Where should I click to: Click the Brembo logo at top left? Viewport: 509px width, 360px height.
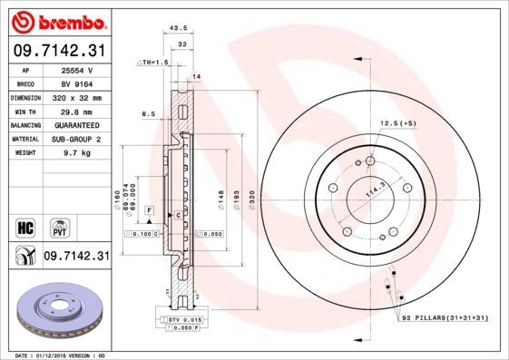tap(57, 21)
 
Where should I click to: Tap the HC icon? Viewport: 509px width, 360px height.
tap(24, 225)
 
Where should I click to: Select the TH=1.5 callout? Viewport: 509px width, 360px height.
tap(153, 62)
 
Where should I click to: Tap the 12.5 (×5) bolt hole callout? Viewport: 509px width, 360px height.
tap(397, 122)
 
